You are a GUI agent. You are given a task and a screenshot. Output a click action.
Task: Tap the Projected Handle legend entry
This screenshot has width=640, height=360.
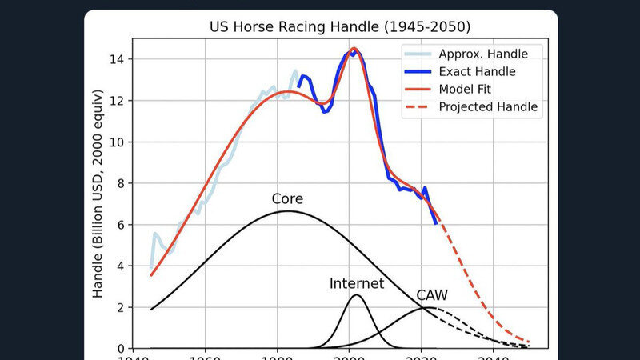click(x=488, y=107)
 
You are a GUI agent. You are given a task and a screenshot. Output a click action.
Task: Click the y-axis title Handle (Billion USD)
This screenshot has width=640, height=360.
click(x=98, y=203)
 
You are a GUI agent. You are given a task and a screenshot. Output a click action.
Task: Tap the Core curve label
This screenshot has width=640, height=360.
click(x=287, y=198)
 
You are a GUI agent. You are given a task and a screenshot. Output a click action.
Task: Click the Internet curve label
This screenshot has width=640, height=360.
click(x=357, y=283)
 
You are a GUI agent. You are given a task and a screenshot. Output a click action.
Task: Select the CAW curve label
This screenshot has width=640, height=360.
click(x=432, y=295)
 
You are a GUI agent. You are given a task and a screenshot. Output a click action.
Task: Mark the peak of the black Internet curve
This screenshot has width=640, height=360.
click(x=357, y=295)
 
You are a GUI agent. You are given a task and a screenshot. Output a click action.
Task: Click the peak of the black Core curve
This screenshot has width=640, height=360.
click(x=287, y=211)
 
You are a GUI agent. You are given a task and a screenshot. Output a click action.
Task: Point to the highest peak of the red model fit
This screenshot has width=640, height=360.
click(x=354, y=50)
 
